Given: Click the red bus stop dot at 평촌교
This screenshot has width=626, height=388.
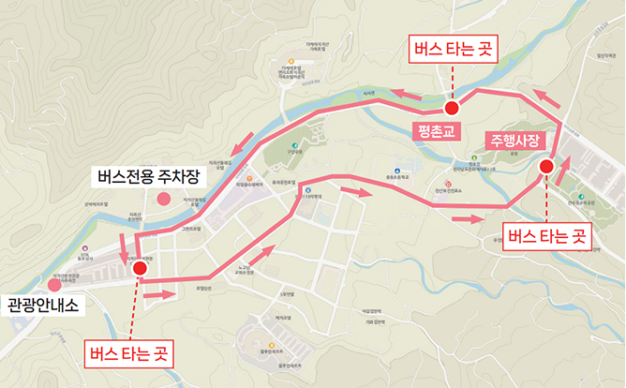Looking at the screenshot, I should [x=452, y=108].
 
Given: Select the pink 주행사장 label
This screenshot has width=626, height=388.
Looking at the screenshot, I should [x=513, y=141].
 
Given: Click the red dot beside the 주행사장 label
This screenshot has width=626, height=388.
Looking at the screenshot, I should [x=546, y=167].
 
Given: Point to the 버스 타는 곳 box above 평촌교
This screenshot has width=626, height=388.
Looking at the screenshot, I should [x=452, y=47].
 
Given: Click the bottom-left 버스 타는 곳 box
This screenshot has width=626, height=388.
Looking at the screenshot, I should [x=130, y=354].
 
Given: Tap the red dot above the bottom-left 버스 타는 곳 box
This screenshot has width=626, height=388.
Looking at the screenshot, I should [x=140, y=268].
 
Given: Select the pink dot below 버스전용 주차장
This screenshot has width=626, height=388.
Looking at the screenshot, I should [x=163, y=198].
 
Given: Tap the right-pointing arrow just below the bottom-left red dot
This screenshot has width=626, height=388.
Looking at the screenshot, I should [x=161, y=293].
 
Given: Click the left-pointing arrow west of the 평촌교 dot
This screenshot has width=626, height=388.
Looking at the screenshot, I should [x=406, y=94].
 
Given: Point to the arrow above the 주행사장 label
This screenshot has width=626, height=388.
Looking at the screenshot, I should [x=548, y=97].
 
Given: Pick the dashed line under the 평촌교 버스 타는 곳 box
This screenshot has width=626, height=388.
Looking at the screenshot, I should [x=452, y=82].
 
